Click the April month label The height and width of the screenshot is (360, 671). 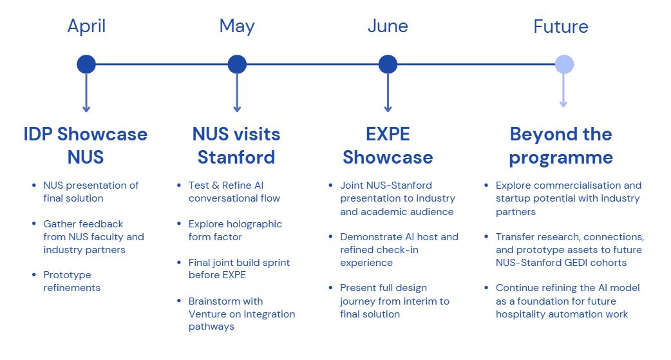click(x=86, y=26)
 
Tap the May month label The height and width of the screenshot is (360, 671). click(x=237, y=26)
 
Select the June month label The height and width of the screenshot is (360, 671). click(x=388, y=26)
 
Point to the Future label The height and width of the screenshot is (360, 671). click(x=561, y=27)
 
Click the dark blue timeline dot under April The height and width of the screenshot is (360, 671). click(x=86, y=64)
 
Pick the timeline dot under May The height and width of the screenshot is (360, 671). click(x=237, y=64)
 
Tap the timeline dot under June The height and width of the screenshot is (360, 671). click(x=388, y=64)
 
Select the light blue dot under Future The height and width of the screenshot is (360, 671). click(x=564, y=64)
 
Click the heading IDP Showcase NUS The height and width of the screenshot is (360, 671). click(x=86, y=146)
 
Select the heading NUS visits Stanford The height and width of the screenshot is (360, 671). click(x=236, y=146)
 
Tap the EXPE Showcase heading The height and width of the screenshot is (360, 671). click(x=388, y=146)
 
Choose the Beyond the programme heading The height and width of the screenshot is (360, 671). click(x=561, y=146)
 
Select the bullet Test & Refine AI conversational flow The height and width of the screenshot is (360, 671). click(x=234, y=192)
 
